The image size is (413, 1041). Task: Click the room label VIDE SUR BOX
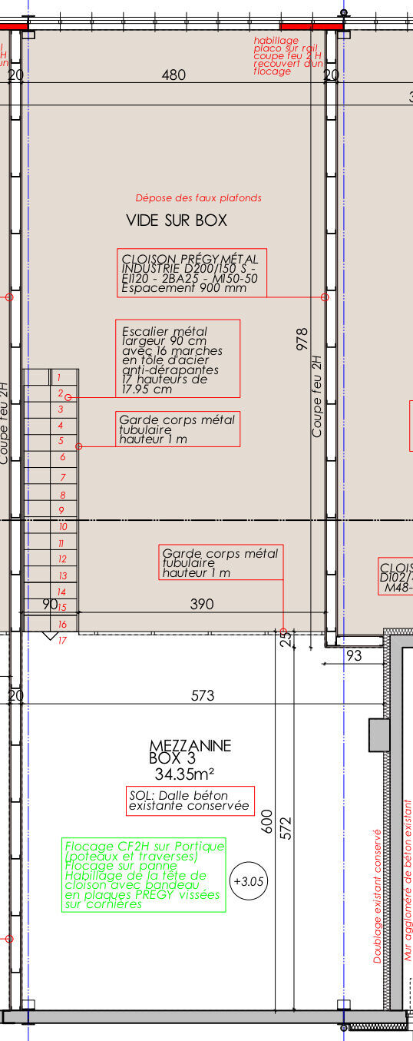click(177, 220)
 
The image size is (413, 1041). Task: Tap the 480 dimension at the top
click(174, 75)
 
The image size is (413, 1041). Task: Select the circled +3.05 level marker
click(249, 881)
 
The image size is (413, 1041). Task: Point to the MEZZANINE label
click(190, 745)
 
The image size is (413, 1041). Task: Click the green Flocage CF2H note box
click(144, 875)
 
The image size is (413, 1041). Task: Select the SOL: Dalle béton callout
click(190, 801)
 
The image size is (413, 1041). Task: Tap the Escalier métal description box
click(177, 359)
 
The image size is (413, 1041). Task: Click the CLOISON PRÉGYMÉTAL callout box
click(191, 273)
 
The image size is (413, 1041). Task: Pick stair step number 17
click(62, 640)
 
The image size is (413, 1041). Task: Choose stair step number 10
click(62, 527)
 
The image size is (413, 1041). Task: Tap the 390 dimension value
click(201, 604)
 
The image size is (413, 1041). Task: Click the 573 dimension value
click(203, 695)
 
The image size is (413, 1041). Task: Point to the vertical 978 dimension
click(302, 339)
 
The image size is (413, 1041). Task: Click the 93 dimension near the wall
click(354, 655)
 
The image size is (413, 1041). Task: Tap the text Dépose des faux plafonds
click(198, 197)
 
